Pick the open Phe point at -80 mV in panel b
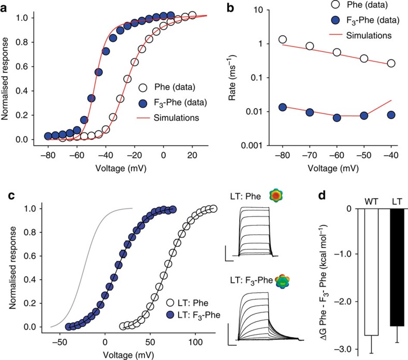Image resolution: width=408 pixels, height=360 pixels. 283,39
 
